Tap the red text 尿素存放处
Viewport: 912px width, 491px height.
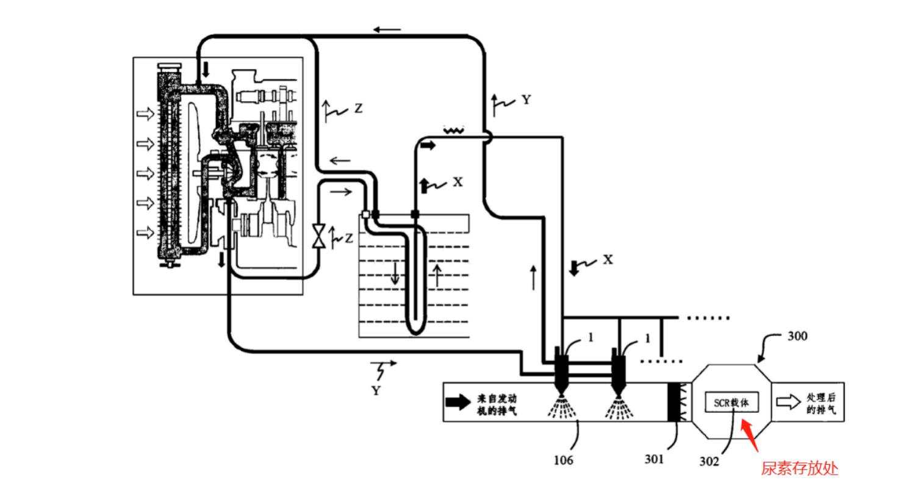799,468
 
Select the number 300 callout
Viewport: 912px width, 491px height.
797,336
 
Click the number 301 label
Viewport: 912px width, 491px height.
654,459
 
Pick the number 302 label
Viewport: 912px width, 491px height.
709,462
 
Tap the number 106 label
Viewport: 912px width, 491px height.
563,460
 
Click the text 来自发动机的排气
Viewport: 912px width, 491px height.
497,405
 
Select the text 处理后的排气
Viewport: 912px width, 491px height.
820,404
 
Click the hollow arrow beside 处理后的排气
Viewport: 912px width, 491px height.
788,402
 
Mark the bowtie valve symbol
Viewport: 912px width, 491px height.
318,236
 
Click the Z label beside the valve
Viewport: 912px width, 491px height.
348,238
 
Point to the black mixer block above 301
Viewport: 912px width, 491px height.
673,402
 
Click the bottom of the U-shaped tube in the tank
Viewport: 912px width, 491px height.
415,330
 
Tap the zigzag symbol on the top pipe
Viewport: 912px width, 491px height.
454,129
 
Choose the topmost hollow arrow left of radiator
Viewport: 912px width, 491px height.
145,114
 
